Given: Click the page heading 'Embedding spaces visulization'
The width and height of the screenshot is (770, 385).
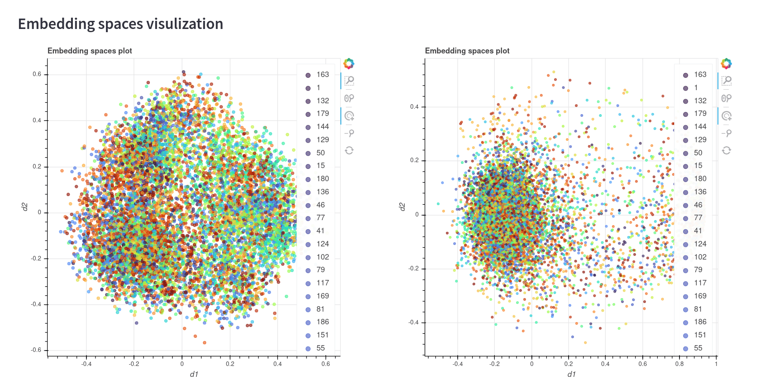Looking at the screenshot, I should pyautogui.click(x=120, y=24).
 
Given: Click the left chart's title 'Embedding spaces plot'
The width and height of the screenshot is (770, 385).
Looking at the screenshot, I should pyautogui.click(x=90, y=51).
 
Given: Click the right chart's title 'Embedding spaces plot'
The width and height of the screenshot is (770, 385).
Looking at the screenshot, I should pyautogui.click(x=467, y=51).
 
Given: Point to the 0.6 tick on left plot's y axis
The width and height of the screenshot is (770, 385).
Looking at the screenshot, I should pyautogui.click(x=37, y=74).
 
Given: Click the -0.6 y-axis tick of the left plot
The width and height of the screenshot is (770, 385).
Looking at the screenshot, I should pyautogui.click(x=36, y=350).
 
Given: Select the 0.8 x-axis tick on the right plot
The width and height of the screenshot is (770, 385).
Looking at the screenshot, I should pyautogui.click(x=679, y=364).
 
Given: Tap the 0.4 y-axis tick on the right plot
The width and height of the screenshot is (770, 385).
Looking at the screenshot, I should pyautogui.click(x=414, y=107).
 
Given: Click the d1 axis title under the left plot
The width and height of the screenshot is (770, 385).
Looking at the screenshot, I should pyautogui.click(x=194, y=374).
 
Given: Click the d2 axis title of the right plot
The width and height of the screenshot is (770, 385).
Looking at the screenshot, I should pyautogui.click(x=402, y=207).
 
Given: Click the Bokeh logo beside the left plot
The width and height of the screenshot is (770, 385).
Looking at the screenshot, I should pyautogui.click(x=349, y=63).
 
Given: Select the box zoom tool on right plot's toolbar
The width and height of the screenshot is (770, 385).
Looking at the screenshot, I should pyautogui.click(x=727, y=81).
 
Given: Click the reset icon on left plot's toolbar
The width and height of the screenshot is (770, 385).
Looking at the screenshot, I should pyautogui.click(x=349, y=150).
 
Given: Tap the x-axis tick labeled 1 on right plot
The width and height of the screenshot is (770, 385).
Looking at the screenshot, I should pyautogui.click(x=716, y=364).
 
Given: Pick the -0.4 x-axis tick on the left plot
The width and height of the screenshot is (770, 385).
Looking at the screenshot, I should pyautogui.click(x=86, y=364).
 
